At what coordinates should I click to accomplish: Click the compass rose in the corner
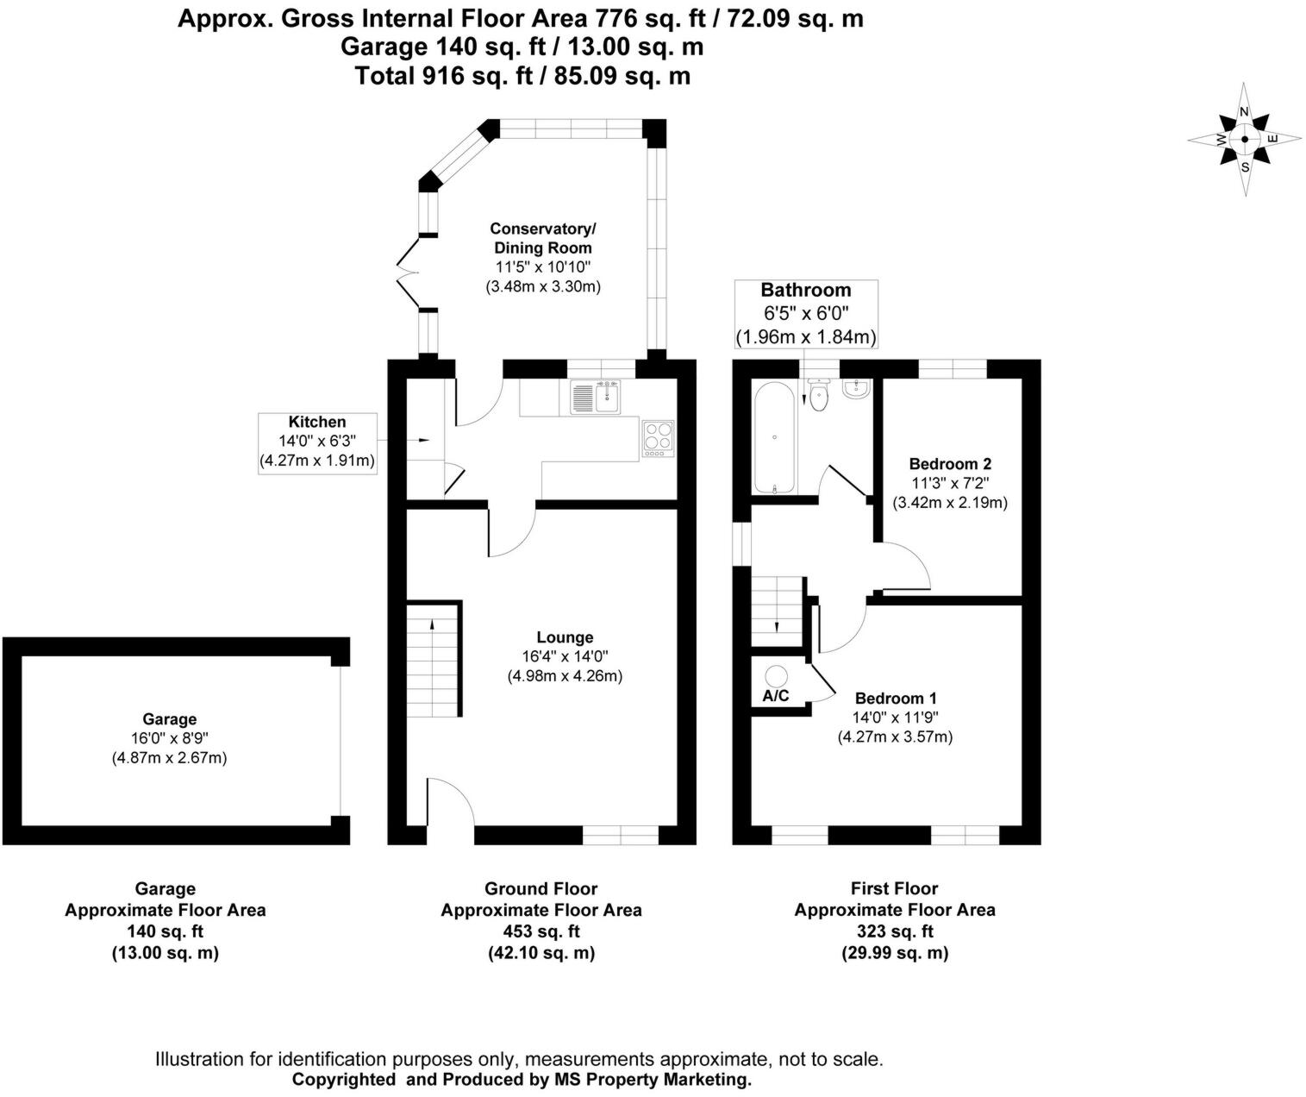pos(1244,139)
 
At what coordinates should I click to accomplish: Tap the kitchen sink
pos(595,398)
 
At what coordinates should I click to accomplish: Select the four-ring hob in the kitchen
pos(658,439)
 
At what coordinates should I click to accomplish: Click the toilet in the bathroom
pos(819,398)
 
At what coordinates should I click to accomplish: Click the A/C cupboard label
pos(775,696)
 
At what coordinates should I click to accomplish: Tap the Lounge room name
pos(565,637)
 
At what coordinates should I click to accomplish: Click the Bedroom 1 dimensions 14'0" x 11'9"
pos(895,718)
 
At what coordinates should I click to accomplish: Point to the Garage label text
pos(169,719)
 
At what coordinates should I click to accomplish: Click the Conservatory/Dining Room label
pos(542,238)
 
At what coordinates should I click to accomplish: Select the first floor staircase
pos(778,610)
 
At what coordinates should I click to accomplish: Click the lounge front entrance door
pos(449,806)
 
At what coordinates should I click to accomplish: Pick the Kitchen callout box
pos(317,442)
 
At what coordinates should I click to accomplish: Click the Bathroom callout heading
pos(805,291)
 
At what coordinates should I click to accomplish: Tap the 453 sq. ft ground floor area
pos(541,931)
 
